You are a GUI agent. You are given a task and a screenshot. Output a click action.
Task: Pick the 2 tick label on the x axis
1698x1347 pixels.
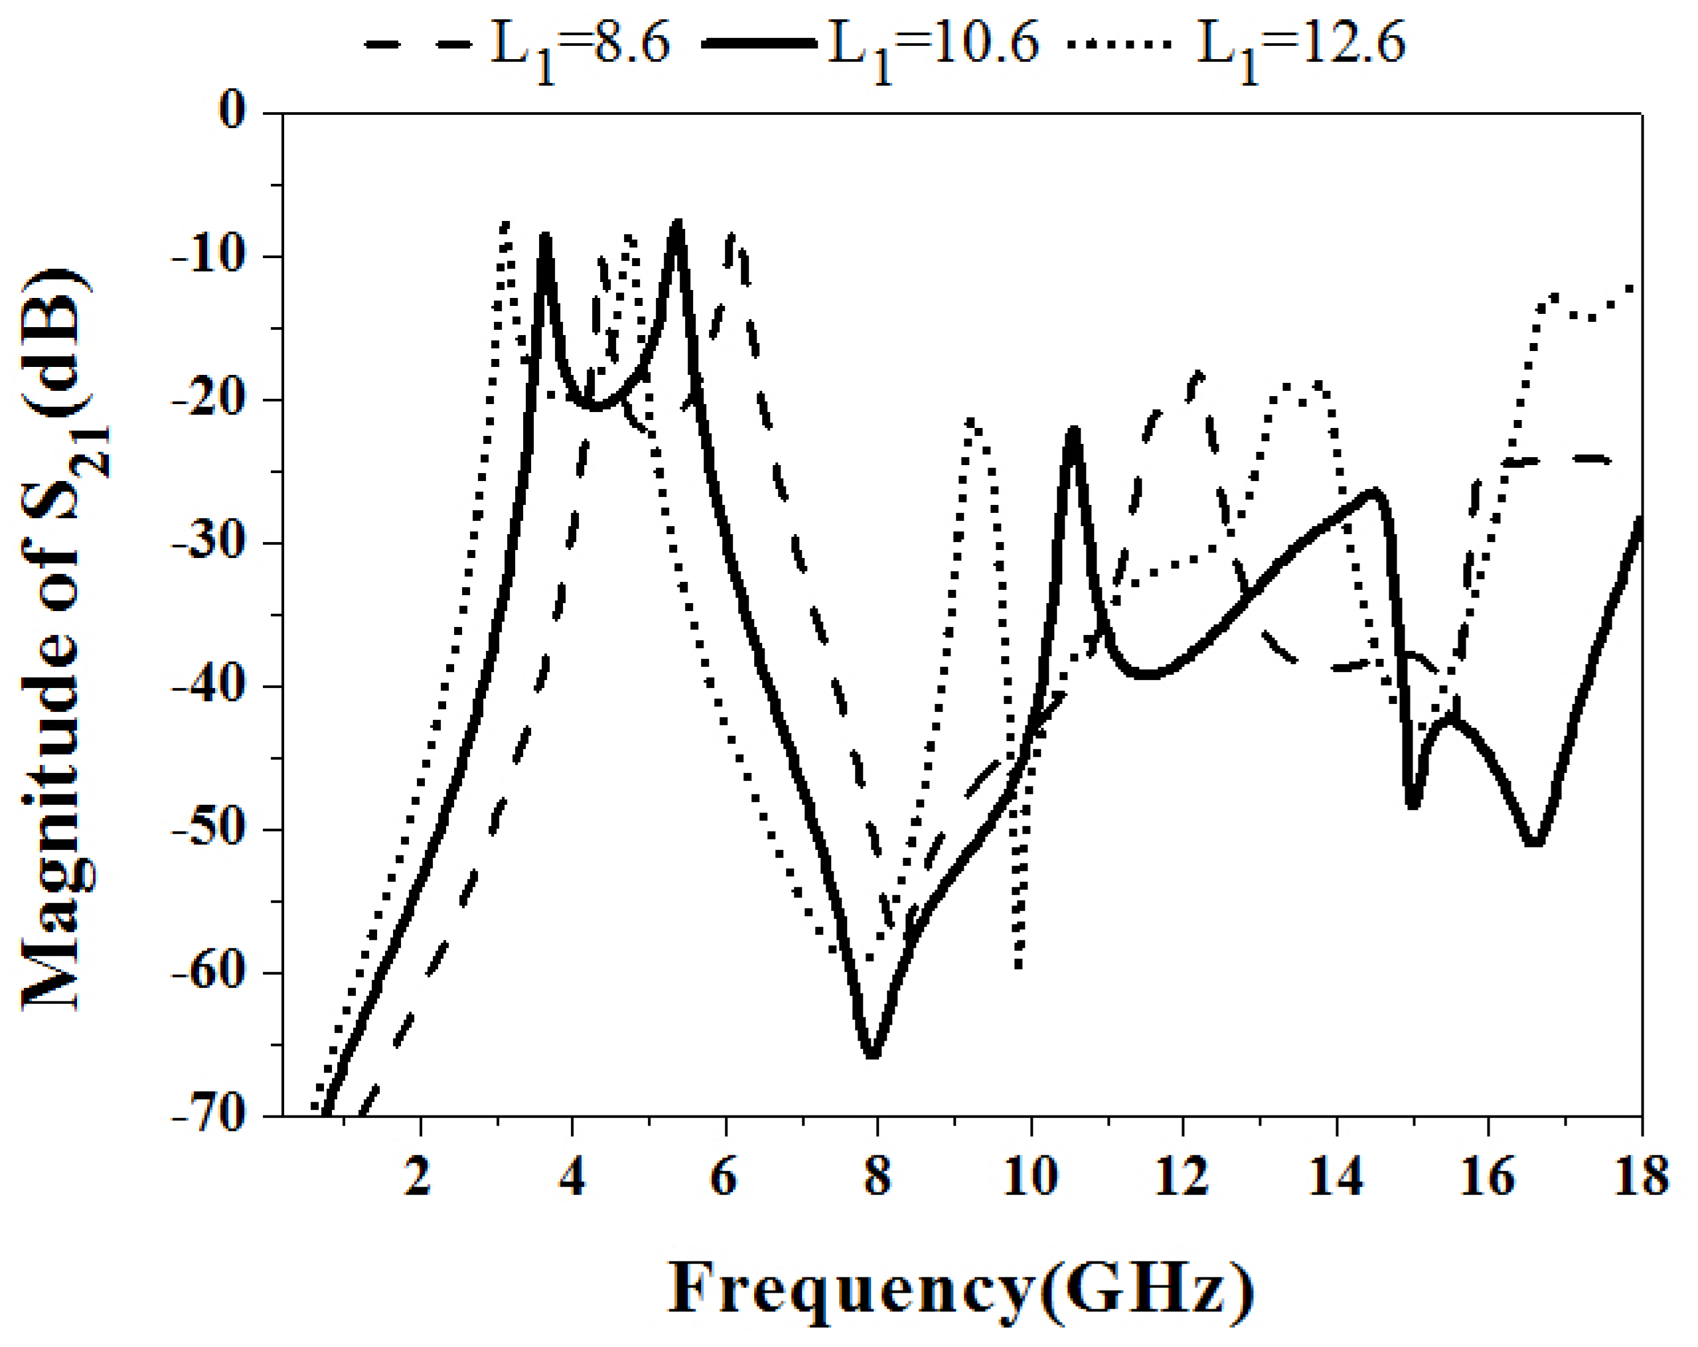click(418, 1177)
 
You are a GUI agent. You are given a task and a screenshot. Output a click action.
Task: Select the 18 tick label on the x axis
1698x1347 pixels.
click(1640, 1177)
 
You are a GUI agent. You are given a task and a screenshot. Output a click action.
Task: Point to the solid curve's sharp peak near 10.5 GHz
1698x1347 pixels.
click(1073, 431)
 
